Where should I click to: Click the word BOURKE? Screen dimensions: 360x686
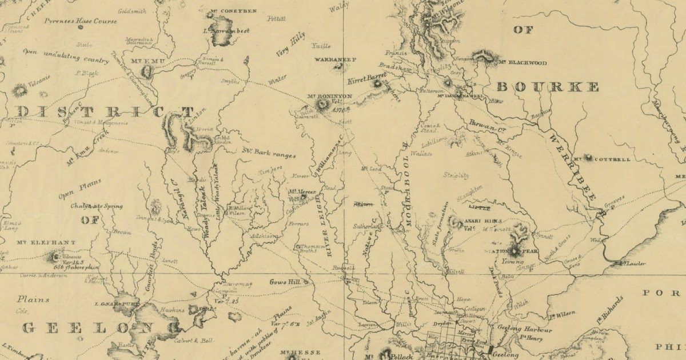547,87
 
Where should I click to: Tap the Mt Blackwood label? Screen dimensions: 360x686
522,62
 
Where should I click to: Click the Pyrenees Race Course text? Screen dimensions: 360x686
81,21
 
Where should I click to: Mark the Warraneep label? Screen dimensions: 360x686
335,59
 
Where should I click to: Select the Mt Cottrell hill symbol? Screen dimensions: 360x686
587,158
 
